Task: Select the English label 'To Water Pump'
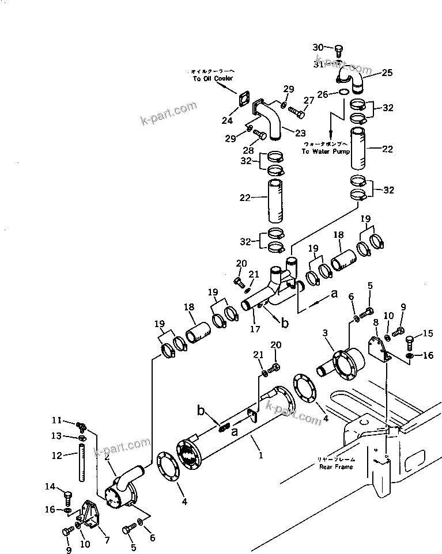(326, 151)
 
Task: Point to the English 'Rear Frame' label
(336, 466)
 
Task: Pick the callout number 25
(387, 73)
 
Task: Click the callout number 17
(255, 329)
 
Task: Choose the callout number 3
(326, 333)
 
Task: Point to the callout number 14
(50, 487)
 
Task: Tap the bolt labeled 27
(294, 110)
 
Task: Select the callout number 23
(300, 133)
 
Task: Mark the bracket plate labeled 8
(378, 351)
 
